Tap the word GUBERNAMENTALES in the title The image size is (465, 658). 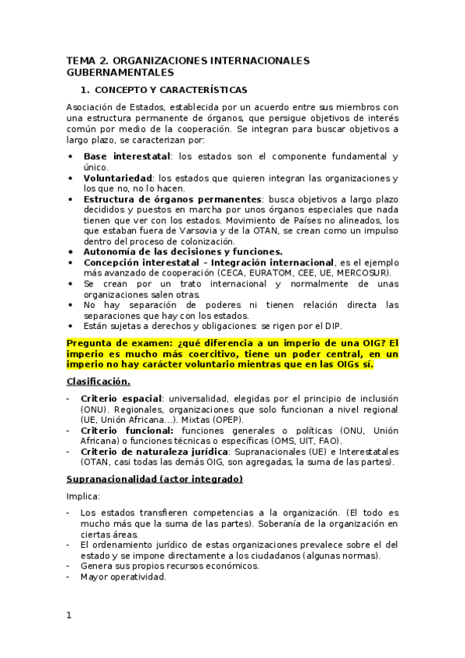tap(119, 72)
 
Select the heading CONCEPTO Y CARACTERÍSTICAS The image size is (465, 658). tap(170, 90)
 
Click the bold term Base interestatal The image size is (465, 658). tap(127, 156)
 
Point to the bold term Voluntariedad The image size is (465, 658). tap(118, 178)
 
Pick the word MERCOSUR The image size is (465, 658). tap(365, 272)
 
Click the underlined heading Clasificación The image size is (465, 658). tap(99, 381)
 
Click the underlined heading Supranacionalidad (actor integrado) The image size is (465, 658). tap(154, 479)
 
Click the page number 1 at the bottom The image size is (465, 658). tap(69, 615)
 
